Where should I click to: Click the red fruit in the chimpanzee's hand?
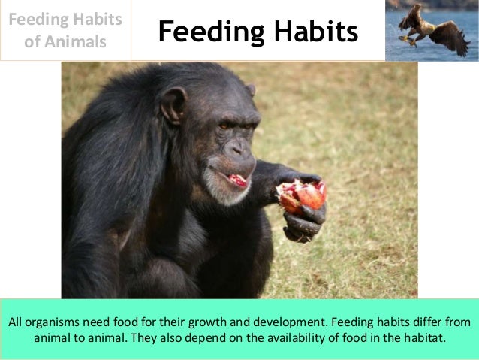click(302, 196)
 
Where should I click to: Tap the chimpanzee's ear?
click(174, 104)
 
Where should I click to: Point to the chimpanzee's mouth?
click(236, 180)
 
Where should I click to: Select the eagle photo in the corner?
click(432, 30)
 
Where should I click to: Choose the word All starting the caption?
click(17, 322)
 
